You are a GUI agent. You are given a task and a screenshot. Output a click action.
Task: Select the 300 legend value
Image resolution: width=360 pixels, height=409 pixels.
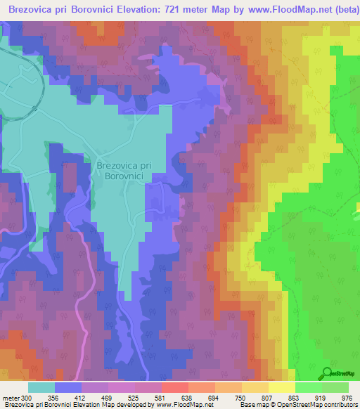coord(27,398)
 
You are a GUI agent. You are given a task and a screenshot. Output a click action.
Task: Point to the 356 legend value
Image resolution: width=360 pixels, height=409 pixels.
coord(53,398)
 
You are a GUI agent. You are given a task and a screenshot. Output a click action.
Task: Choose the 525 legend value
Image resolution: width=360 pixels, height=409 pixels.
coord(134,398)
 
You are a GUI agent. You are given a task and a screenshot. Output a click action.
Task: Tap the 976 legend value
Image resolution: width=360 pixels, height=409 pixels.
coord(347,398)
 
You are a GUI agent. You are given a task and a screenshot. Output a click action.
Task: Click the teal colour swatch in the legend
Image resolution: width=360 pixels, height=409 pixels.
coord(41,387)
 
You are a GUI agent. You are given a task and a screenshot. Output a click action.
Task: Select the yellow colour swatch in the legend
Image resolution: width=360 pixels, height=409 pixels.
coord(281,387)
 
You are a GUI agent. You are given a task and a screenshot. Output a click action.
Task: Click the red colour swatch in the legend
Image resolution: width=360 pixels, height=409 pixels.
coord(174,387)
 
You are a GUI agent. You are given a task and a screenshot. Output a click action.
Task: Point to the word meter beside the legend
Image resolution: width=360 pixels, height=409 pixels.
coord(10,398)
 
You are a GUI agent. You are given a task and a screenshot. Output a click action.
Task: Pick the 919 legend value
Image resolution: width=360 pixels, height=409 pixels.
coord(320,398)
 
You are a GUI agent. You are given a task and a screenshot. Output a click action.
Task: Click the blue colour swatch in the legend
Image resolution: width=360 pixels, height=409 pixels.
coord(67,387)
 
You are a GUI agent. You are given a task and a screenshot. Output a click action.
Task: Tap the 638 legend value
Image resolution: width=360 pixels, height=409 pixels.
coord(187,398)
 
